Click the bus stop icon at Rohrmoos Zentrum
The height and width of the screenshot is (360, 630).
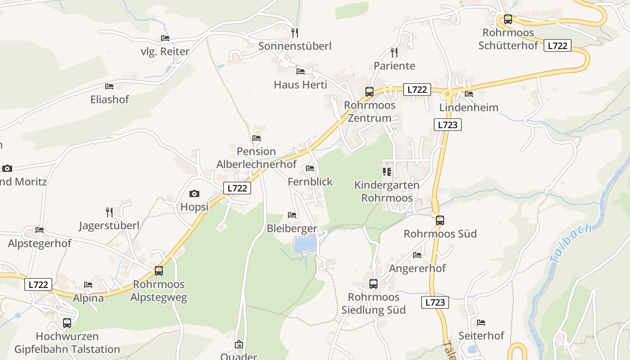tap(369, 92)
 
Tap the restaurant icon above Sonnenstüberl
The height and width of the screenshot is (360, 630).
tap(295, 32)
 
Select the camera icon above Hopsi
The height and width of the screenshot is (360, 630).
tap(194, 194)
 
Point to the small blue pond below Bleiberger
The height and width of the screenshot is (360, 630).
tap(305, 244)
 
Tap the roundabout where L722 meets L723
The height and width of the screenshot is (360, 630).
tap(448, 94)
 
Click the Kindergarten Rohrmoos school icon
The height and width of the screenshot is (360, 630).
tap(387, 172)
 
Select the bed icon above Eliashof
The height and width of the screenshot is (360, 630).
tap(109, 86)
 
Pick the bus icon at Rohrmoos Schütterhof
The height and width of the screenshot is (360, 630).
tap(508, 19)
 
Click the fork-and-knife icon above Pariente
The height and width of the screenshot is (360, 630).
tap(394, 53)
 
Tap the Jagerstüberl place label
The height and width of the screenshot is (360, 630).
tap(109, 225)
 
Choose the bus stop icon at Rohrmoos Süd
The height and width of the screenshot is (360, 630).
tap(440, 220)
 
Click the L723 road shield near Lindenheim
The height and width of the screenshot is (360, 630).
tap(448, 125)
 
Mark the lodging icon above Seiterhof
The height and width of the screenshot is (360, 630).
tap(481, 323)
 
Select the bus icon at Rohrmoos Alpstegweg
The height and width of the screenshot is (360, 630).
tap(159, 271)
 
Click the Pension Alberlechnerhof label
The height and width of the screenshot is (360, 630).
tap(256, 158)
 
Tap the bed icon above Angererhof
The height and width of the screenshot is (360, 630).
tap(417, 255)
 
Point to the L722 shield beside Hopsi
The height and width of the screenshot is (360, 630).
tap(237, 188)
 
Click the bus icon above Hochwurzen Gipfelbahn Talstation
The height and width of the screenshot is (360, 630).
tap(67, 323)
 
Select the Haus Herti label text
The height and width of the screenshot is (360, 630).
tap(301, 85)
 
